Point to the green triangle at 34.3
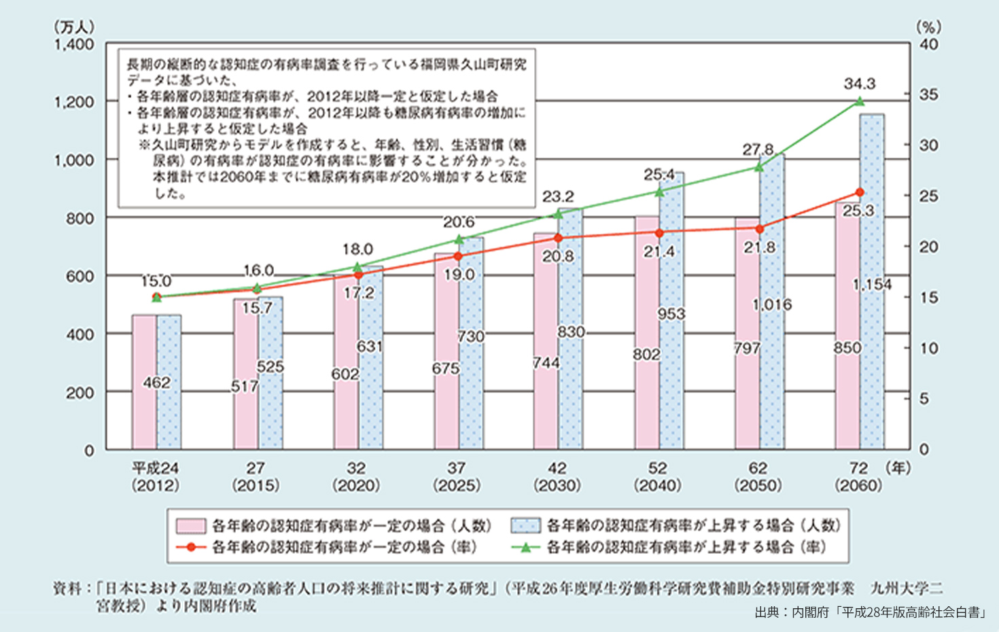click(x=860, y=101)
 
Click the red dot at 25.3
click(x=860, y=192)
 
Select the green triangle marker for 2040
click(x=659, y=192)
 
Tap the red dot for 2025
click(x=458, y=256)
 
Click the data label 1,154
click(x=873, y=285)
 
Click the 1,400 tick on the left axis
click(x=75, y=45)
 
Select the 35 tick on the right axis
click(x=928, y=94)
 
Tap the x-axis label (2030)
click(x=557, y=485)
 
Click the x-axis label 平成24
click(x=155, y=468)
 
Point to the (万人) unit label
click(x=73, y=27)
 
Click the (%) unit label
click(x=929, y=27)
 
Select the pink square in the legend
click(x=191, y=526)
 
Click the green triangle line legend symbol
click(x=526, y=547)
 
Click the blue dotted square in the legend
click(x=526, y=526)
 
